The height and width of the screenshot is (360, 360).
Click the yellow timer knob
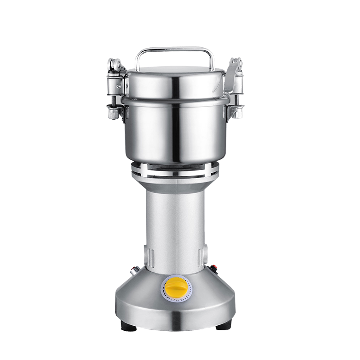[174, 286]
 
